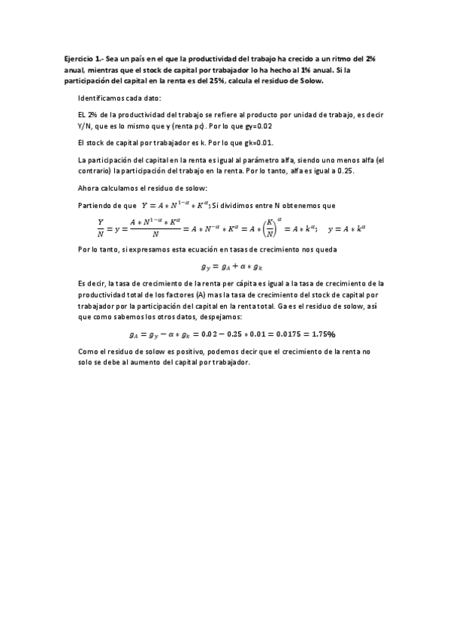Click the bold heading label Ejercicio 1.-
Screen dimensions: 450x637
83,59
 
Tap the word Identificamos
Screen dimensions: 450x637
103,98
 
